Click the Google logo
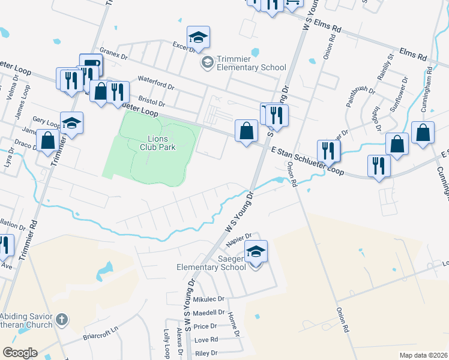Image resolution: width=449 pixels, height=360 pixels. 20,353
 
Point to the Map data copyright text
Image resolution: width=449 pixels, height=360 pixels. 424,355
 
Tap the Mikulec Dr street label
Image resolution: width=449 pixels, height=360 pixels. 208,298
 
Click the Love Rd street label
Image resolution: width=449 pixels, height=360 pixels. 205,340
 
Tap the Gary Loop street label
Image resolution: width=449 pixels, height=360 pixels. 46,122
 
